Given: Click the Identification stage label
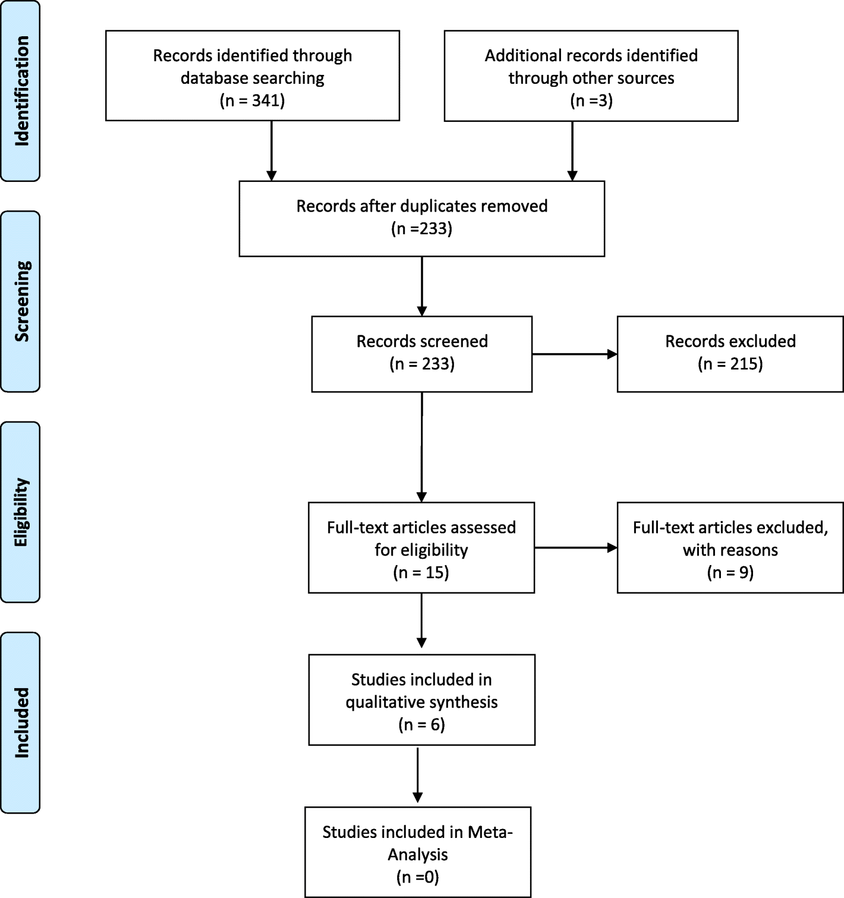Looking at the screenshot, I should coord(21,91).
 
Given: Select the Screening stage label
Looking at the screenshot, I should coord(21,301).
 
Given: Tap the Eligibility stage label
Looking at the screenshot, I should coord(21,512).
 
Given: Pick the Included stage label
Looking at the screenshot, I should coord(21,722).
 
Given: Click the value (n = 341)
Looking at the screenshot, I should coord(253,100).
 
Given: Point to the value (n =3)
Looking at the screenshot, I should coord(591,100).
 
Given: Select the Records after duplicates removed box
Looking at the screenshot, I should coord(421,218).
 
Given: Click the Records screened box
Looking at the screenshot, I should coord(421,354).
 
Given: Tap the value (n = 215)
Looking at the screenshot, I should coord(730,364).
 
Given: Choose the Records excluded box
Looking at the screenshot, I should coord(730,354).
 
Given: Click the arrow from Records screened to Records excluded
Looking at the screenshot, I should coord(574,354).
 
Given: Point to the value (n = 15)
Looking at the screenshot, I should coord(421,572).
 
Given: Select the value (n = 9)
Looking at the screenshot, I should coord(730,572).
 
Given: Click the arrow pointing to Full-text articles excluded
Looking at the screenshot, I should coord(575,547).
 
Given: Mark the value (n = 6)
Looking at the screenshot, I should coord(421,724).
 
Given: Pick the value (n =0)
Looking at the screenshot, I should coord(417,877).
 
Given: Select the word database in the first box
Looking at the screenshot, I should coord(215,78).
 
